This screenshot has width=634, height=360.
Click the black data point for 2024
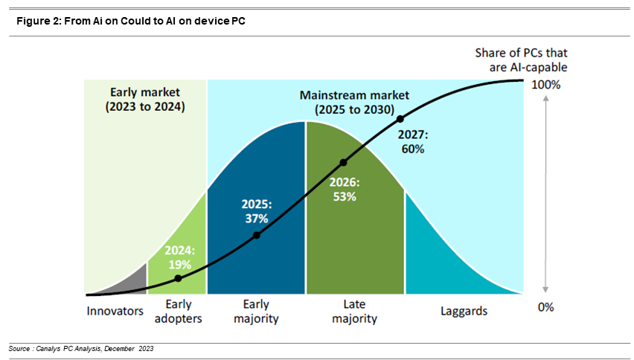pos(178,278)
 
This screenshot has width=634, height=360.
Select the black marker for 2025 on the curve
pos(257,235)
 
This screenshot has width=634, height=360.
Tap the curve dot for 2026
pos(343,162)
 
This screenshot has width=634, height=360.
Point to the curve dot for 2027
pos(400,118)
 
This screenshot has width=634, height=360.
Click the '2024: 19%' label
pos(179,257)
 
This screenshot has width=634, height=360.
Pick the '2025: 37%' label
pos(256,210)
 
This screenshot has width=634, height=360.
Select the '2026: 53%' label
pos(345,190)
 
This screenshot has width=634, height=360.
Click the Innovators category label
pos(115,311)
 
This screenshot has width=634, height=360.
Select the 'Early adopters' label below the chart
pos(178,311)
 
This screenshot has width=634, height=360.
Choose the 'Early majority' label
pos(256,311)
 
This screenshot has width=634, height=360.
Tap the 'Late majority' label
pos(354,311)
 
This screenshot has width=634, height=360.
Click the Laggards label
pos(463,311)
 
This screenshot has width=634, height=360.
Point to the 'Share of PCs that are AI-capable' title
pos(521,60)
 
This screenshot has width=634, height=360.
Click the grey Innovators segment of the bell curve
pos(134,283)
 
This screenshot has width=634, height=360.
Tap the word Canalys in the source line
pos(50,349)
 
